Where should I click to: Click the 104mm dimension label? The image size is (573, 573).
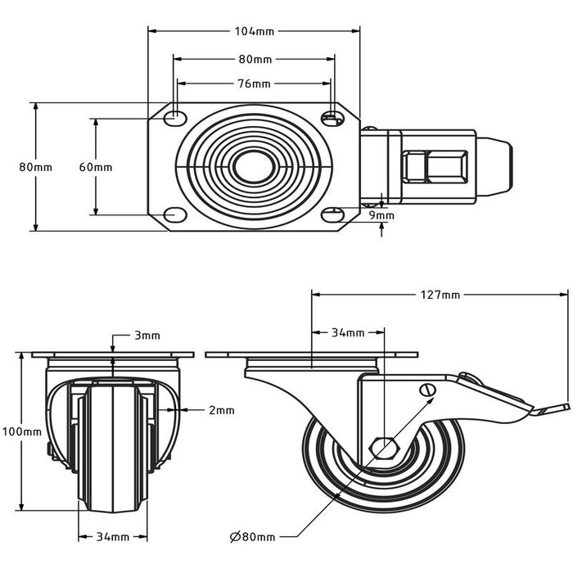(x=254, y=32)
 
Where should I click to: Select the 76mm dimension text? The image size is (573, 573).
(x=254, y=84)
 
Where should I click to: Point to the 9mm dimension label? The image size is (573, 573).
(x=381, y=216)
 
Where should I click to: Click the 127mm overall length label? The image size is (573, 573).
(x=440, y=295)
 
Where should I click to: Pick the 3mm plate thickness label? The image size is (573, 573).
(x=147, y=336)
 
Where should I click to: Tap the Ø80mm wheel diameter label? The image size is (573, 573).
(x=252, y=537)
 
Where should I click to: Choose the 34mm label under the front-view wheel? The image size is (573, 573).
(x=113, y=537)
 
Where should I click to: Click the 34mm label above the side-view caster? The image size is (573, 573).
(x=348, y=333)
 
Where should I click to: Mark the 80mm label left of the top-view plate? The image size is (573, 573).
(x=35, y=167)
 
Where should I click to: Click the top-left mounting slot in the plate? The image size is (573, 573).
(x=174, y=119)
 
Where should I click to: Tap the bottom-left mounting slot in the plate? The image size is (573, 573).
(x=174, y=214)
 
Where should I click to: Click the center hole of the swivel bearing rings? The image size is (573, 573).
(x=253, y=167)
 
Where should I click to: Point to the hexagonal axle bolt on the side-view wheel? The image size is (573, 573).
(x=383, y=447)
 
